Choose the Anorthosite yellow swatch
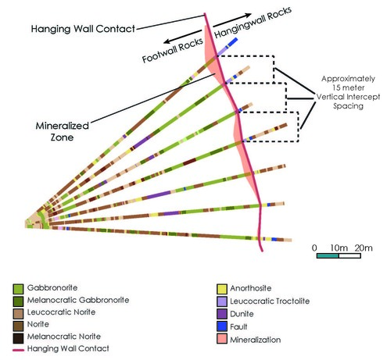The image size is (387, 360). pyautogui.click(x=223, y=288)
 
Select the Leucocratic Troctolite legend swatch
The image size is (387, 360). pyautogui.click(x=223, y=300)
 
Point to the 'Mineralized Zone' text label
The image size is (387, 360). pyautogui.click(x=63, y=130)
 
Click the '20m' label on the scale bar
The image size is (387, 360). pyautogui.click(x=364, y=248)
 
